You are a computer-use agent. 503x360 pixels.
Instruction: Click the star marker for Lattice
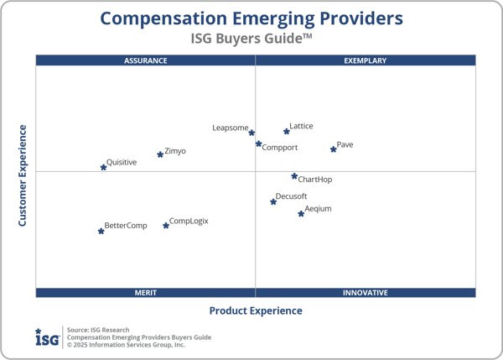(x=287, y=131)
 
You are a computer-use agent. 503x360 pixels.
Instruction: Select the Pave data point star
(x=334, y=149)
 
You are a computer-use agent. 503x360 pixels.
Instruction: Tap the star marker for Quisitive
(x=104, y=167)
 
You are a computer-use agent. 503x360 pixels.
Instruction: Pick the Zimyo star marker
(x=160, y=154)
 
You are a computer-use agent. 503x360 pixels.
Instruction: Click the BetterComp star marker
(x=101, y=231)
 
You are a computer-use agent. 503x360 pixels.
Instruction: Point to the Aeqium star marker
(x=301, y=214)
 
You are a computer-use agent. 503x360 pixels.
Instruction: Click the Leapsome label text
(x=230, y=128)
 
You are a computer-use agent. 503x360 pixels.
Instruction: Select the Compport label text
(x=280, y=148)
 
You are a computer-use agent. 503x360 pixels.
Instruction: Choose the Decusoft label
(x=292, y=196)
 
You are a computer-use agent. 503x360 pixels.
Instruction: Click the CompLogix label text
(x=189, y=222)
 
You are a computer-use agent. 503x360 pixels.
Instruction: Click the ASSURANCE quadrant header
(x=146, y=60)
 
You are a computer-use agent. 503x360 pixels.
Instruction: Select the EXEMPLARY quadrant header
(x=366, y=60)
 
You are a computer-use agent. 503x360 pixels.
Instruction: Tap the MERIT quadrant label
(x=146, y=293)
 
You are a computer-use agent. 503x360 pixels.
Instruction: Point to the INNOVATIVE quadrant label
(x=366, y=293)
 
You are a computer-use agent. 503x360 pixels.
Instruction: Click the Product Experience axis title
(x=256, y=310)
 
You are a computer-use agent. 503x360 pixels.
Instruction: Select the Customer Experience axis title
(x=23, y=175)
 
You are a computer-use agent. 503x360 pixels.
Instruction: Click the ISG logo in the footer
(x=47, y=337)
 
